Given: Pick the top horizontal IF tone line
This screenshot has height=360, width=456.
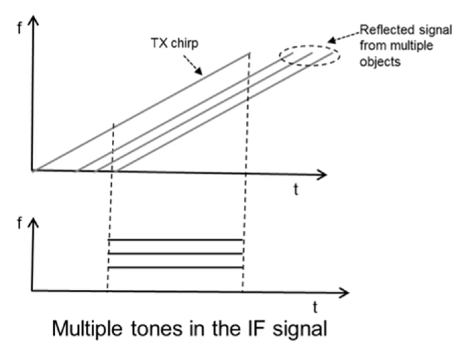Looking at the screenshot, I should coord(176,240).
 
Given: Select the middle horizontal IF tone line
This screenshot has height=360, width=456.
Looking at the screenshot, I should coord(176,254).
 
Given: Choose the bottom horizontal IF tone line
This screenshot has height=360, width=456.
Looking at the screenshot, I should coord(176,267).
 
